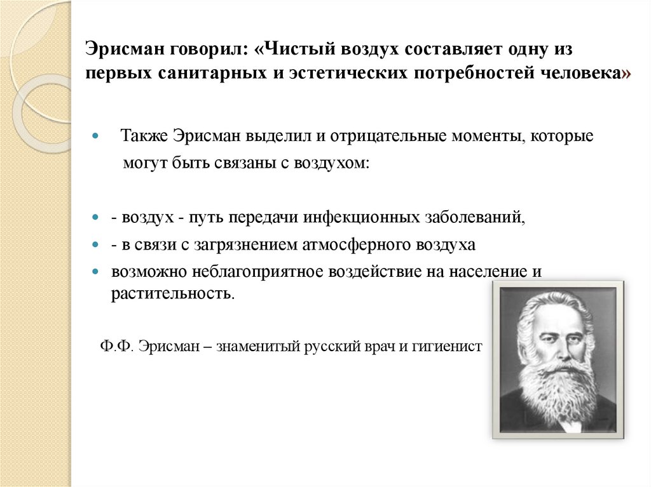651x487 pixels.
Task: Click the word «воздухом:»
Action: pos(331,162)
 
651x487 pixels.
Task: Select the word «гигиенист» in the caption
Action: pos(452,347)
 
